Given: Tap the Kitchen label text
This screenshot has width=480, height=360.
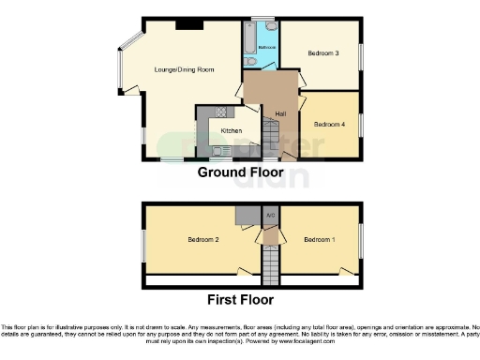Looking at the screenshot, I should (232, 130).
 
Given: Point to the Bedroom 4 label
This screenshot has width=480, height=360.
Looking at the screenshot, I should (329, 124).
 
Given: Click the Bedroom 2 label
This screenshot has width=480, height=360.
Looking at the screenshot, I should (202, 240).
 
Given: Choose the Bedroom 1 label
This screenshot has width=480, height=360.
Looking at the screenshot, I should (318, 240).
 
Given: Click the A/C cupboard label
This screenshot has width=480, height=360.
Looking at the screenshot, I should (270, 215).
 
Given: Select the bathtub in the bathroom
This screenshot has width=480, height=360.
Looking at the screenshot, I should (247, 39).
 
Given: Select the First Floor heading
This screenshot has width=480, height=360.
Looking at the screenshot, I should (240, 300).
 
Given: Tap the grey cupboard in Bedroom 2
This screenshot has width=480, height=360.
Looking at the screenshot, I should (245, 216).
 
